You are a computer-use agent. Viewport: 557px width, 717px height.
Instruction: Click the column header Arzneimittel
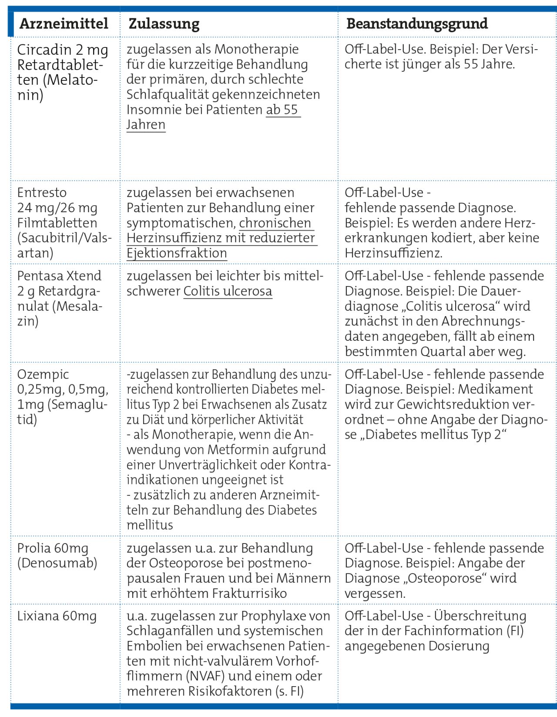click(x=64, y=23)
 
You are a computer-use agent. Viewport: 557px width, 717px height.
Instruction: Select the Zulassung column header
click(x=164, y=23)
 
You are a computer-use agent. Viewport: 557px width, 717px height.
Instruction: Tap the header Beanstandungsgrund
click(x=417, y=23)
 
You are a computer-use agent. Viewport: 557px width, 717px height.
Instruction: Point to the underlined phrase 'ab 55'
click(x=282, y=110)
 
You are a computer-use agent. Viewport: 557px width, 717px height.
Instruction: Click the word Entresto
click(x=42, y=193)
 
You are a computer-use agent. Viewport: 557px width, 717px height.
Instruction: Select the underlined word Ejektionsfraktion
click(x=177, y=253)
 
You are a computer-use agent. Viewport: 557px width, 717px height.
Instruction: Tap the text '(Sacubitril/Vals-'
click(x=64, y=238)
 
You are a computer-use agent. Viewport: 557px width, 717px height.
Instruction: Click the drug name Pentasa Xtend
click(x=59, y=276)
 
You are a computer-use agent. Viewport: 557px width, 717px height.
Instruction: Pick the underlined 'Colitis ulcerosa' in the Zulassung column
click(x=228, y=291)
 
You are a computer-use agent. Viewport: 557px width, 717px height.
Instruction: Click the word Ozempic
click(x=43, y=374)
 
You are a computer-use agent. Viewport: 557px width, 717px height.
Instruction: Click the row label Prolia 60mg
click(x=53, y=548)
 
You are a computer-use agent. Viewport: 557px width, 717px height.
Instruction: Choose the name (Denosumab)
click(x=57, y=563)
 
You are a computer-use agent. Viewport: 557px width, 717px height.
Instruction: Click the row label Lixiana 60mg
click(x=57, y=616)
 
